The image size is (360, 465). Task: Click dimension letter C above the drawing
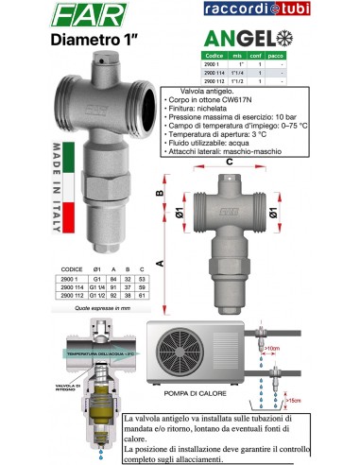tap(230, 161)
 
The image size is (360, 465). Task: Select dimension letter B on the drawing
tap(162, 192)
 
